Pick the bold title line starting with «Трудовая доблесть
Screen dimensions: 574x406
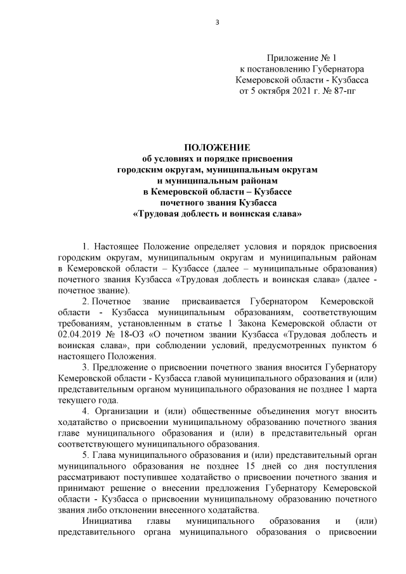click(217, 214)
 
